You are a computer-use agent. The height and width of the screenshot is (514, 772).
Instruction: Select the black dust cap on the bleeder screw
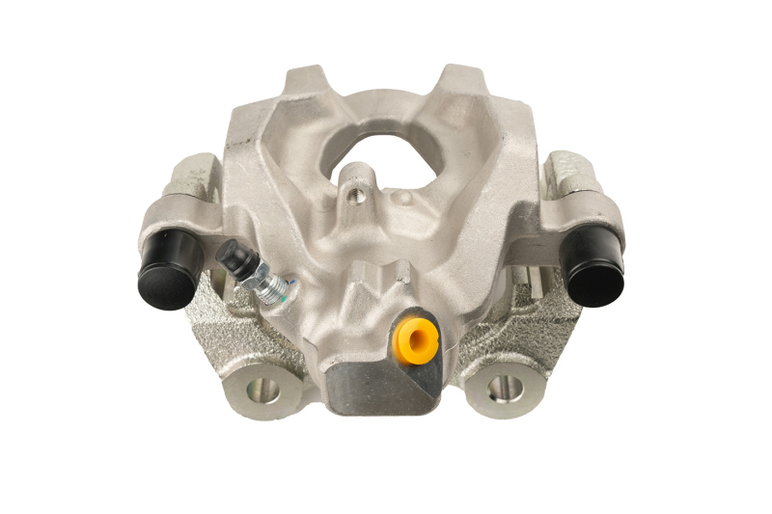232,257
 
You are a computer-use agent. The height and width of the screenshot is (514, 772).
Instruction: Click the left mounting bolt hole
262,391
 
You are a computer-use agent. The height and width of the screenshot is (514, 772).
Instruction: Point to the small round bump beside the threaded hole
406,198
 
